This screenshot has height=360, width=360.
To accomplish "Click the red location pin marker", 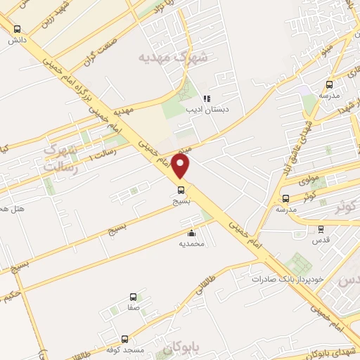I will [181, 167].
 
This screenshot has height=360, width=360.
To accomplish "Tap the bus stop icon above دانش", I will [17, 29].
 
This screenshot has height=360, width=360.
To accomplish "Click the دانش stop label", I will [17, 40].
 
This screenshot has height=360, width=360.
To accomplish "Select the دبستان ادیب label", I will [204, 110].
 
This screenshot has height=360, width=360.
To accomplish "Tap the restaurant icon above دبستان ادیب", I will [207, 98].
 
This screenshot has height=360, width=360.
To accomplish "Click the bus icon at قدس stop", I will [321, 229].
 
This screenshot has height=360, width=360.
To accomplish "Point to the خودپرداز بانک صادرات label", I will [289, 278].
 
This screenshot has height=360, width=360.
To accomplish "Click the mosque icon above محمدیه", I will [191, 233].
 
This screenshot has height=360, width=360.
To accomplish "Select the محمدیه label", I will [191, 244].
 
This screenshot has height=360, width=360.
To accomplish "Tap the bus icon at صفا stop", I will [134, 297].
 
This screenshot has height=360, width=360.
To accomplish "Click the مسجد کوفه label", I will [124, 349].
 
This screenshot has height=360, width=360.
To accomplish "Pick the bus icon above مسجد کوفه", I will [124, 338].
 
